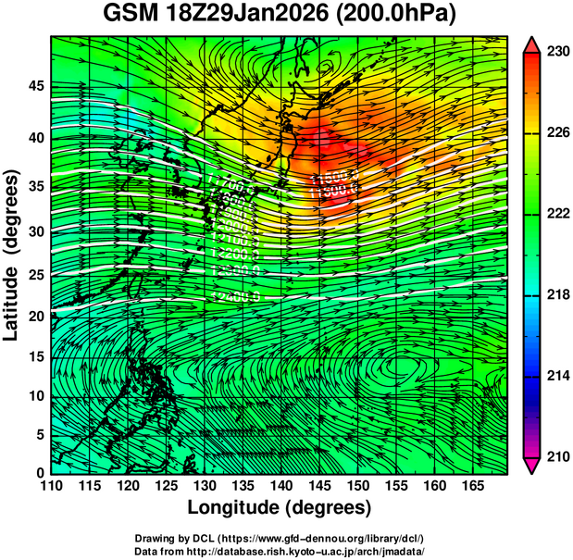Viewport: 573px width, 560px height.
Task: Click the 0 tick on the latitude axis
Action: (40, 472)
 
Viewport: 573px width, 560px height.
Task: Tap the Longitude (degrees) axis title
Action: (280, 507)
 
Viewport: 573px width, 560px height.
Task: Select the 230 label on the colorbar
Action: (554, 52)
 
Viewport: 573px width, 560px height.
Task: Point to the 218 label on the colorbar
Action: (554, 294)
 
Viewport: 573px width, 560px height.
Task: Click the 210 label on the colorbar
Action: (554, 456)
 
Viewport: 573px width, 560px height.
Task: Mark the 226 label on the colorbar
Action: (554, 132)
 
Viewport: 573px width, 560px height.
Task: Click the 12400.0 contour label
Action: (235, 295)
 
